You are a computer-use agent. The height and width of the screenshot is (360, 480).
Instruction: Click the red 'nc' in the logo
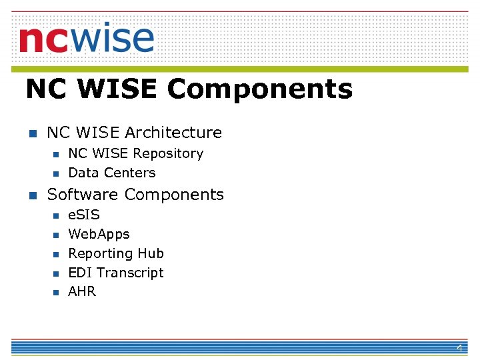click(43, 40)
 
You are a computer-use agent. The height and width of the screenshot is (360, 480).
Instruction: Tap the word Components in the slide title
click(260, 89)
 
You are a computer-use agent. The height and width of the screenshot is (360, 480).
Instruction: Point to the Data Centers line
click(111, 173)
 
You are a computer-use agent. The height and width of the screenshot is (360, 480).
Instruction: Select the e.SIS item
click(84, 215)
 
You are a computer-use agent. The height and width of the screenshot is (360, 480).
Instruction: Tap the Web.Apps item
click(99, 234)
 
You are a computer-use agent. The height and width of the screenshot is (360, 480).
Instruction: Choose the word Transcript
click(130, 273)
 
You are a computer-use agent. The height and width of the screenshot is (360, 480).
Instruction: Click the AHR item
click(82, 291)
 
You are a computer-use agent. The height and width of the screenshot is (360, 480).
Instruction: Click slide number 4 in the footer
click(459, 349)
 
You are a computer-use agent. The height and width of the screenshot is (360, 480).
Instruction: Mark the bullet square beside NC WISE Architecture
click(30, 133)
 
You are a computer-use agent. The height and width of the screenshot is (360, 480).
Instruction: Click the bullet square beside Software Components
click(30, 195)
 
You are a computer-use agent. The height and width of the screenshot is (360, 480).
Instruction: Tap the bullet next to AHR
click(56, 292)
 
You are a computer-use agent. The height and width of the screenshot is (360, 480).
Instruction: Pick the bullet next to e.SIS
click(56, 215)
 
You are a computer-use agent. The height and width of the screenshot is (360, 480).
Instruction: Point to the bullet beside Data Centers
click(56, 173)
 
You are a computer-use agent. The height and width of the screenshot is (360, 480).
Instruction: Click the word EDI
click(80, 273)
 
